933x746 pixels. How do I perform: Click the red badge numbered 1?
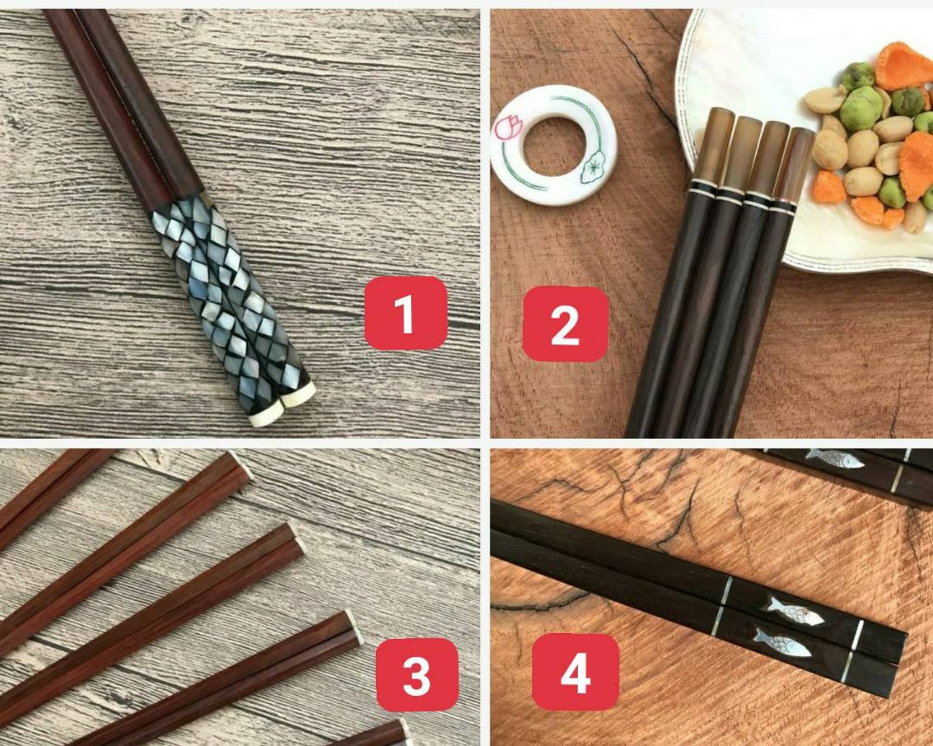pyautogui.click(x=405, y=312)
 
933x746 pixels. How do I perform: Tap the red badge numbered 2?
pyautogui.click(x=565, y=324)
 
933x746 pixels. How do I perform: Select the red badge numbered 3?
pyautogui.click(x=417, y=675)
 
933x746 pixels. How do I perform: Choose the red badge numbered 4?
pyautogui.click(x=575, y=672)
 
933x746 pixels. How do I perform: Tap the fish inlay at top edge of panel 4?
pyautogui.click(x=834, y=458)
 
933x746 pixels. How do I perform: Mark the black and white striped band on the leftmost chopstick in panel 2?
pyautogui.click(x=701, y=189)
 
